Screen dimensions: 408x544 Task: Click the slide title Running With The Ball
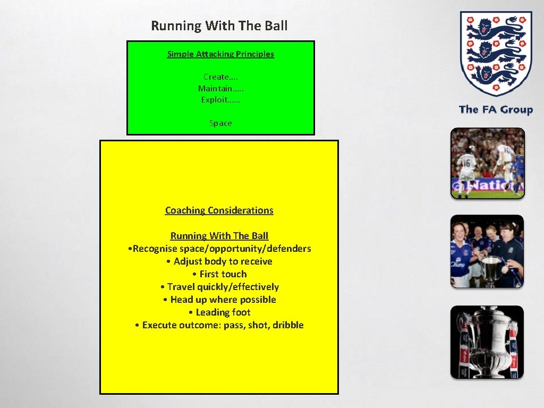(219, 25)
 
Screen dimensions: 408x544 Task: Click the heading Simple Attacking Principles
(220, 54)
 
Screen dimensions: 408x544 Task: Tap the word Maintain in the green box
(215, 88)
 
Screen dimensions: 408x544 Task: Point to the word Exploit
(214, 99)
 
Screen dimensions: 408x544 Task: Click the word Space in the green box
(220, 123)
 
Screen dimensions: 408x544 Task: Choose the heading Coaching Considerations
(219, 210)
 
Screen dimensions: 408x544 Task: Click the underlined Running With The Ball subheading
(219, 235)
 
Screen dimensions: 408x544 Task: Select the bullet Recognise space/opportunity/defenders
(220, 248)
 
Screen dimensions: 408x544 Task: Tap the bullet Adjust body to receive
(219, 261)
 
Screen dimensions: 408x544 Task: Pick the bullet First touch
(219, 274)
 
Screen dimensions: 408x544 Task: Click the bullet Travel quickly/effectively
(219, 286)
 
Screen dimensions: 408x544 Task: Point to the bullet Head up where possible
(219, 299)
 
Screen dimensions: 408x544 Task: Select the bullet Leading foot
(219, 312)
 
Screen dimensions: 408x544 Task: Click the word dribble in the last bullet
(288, 325)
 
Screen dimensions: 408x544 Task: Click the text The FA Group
(495, 109)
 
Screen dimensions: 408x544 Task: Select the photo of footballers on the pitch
(487, 163)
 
